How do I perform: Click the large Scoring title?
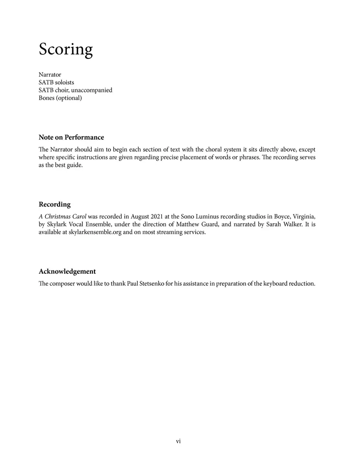66,49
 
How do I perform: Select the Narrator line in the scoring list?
50,75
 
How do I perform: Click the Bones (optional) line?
60,98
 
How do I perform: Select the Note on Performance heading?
71,137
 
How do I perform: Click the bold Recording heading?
54,204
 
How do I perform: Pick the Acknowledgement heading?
67,271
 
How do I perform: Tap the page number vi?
178,441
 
